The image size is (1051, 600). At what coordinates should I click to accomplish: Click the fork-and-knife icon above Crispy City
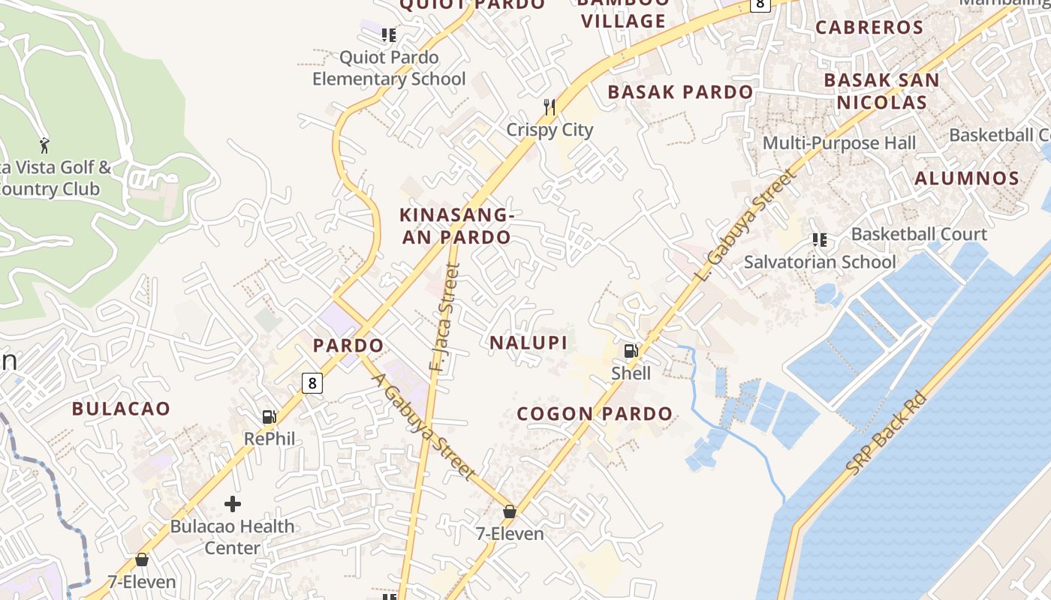[550, 107]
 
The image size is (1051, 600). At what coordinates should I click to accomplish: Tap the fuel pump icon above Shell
[631, 350]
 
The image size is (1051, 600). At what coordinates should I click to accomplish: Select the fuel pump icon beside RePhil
[269, 417]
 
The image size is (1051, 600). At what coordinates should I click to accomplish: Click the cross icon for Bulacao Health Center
[233, 503]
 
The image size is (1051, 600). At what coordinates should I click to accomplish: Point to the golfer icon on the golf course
[44, 144]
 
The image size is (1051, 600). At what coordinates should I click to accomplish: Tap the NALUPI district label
[528, 343]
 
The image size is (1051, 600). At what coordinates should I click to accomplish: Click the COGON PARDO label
[595, 413]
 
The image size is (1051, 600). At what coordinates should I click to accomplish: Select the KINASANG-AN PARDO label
[456, 226]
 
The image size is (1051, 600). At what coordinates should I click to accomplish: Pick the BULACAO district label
[121, 409]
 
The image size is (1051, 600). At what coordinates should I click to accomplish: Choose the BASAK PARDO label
[680, 92]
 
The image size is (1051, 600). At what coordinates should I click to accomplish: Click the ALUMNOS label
[967, 178]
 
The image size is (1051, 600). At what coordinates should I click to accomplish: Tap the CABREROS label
[869, 28]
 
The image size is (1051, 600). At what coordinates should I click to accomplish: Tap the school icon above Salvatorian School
[819, 240]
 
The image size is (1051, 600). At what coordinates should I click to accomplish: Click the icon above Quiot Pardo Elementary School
[388, 35]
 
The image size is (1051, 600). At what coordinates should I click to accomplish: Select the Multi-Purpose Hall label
[839, 142]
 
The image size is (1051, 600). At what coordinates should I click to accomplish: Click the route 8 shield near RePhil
[312, 383]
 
